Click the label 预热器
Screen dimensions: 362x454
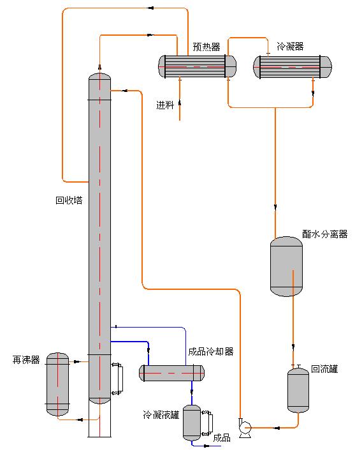click(x=206, y=47)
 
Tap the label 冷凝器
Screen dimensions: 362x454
click(x=290, y=46)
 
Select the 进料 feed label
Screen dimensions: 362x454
click(x=165, y=105)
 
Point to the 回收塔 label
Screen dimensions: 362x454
click(x=69, y=200)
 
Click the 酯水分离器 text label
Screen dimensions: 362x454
click(x=325, y=234)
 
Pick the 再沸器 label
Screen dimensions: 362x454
click(x=26, y=360)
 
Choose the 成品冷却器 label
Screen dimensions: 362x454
click(x=211, y=351)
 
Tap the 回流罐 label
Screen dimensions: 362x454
click(x=324, y=369)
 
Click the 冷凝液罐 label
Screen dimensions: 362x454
click(x=161, y=415)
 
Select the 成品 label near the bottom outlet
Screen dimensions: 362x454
click(x=222, y=438)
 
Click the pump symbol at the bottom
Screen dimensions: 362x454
click(x=245, y=428)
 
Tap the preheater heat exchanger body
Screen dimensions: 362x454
click(x=197, y=66)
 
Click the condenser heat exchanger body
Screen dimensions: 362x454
click(x=293, y=67)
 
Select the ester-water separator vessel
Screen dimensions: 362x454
click(x=286, y=266)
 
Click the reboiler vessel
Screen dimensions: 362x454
click(x=58, y=384)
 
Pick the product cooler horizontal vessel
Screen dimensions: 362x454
click(x=171, y=373)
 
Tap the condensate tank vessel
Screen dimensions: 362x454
click(x=192, y=423)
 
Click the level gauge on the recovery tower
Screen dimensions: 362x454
click(x=117, y=379)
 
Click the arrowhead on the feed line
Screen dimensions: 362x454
click(x=180, y=103)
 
